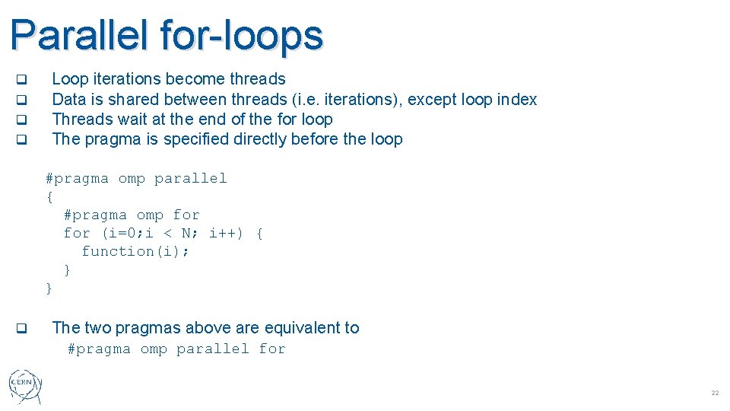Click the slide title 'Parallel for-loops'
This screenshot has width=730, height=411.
click(x=167, y=35)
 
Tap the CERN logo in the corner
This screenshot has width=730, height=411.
click(x=26, y=387)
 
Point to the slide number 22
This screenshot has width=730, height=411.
click(x=714, y=393)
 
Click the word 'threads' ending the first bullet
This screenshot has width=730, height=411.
click(x=258, y=79)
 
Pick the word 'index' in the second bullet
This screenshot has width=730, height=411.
click(x=517, y=100)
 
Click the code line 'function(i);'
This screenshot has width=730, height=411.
click(x=135, y=251)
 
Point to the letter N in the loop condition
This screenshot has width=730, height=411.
click(x=186, y=233)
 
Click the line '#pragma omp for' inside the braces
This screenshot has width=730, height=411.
click(x=132, y=215)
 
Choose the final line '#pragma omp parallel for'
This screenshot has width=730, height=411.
click(x=176, y=349)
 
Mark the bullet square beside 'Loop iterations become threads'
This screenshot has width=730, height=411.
click(x=22, y=79)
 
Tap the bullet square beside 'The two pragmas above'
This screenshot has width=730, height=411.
click(x=22, y=329)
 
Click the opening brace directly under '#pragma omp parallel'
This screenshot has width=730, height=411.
click(x=49, y=196)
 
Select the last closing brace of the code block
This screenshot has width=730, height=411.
click(x=49, y=288)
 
